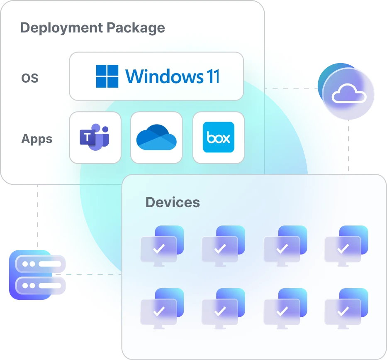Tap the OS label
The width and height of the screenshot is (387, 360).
tap(29, 78)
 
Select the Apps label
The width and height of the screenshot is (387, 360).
tap(37, 139)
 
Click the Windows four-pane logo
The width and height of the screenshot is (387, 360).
tap(107, 76)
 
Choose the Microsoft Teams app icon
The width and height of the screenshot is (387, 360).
tap(95, 137)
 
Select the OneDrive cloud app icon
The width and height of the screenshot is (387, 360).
tap(156, 137)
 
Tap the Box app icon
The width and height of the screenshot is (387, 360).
tap(219, 137)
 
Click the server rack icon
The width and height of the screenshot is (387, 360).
tap(37, 275)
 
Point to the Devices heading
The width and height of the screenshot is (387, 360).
tap(173, 203)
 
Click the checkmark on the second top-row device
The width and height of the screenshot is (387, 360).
tap(220, 249)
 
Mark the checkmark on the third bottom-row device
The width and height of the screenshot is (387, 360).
tap(282, 311)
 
